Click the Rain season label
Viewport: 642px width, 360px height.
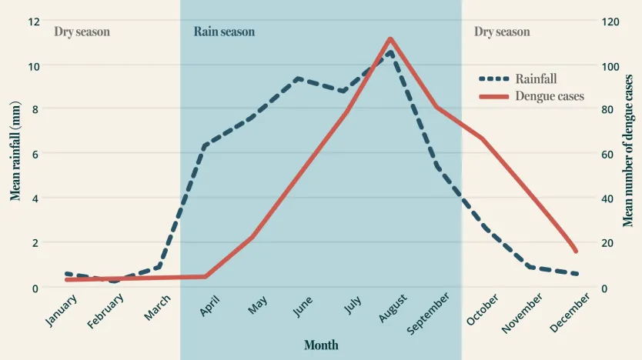coord(224,32)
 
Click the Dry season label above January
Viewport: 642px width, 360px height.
coord(82,32)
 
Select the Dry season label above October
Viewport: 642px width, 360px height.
coord(502,32)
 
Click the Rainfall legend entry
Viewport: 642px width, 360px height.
coord(536,78)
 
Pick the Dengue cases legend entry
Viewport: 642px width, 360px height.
coord(549,96)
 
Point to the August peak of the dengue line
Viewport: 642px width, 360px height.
coord(390,38)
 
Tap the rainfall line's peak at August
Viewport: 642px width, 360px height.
coord(390,52)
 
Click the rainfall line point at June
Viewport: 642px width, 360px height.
coord(298,78)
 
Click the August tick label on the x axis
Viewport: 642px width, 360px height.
coord(393,308)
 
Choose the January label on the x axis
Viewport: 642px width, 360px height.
coord(61,310)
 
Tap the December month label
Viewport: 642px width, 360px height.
coord(570,312)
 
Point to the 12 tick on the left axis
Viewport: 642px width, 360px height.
coord(34,21)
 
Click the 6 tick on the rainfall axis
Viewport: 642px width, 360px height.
coord(34,155)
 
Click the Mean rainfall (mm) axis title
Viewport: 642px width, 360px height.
coord(15,151)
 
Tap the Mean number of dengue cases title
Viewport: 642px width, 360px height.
coord(628,151)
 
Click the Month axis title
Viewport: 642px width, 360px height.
coord(321,345)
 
